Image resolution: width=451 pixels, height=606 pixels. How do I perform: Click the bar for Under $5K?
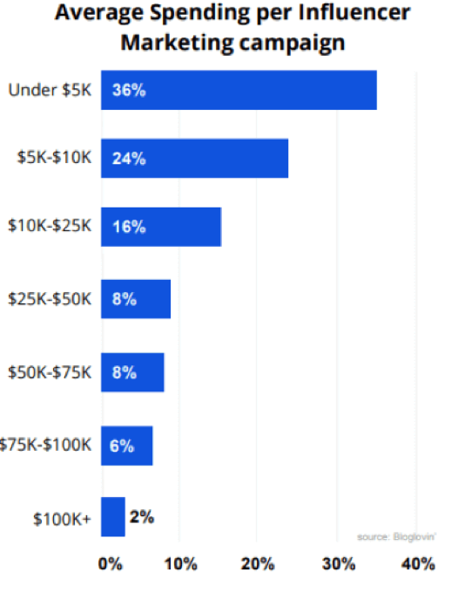[x=239, y=91]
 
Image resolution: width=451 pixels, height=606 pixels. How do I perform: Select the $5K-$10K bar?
[x=194, y=159]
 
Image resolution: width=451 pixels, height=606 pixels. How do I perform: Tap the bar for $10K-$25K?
[x=161, y=227]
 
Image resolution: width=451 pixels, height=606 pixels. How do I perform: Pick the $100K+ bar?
[x=113, y=517]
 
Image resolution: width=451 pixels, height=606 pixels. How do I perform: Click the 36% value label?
[x=128, y=91]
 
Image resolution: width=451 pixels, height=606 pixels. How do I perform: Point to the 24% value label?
[x=128, y=159]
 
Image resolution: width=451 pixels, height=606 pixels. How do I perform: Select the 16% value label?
[x=128, y=227]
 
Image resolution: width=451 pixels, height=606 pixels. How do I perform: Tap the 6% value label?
[x=122, y=445]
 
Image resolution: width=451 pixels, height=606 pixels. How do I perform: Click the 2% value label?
[x=142, y=517]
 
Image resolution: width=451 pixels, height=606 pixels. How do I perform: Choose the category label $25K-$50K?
[x=49, y=299]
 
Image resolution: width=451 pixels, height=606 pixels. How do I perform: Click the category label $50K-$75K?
[x=49, y=372]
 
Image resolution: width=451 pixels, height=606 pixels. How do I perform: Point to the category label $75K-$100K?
[x=45, y=445]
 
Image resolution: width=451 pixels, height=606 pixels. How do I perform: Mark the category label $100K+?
[x=62, y=519]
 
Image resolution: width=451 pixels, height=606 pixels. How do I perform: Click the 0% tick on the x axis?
[x=111, y=564]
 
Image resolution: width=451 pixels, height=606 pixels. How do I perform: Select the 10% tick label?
[x=182, y=564]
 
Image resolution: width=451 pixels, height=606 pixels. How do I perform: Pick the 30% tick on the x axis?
[x=339, y=564]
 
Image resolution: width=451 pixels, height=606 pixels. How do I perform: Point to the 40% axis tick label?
[x=417, y=564]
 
